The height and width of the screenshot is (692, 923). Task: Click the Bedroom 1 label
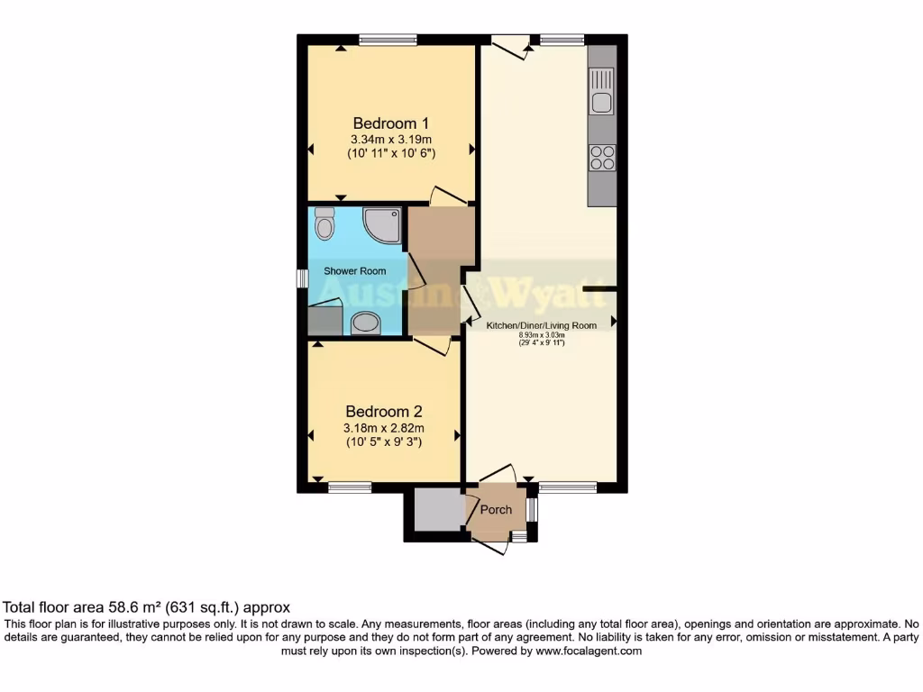(390, 123)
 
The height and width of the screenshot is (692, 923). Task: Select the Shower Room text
(355, 271)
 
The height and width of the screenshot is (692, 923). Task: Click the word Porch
(496, 510)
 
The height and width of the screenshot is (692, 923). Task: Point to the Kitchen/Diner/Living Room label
(541, 325)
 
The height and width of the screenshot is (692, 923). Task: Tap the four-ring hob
(601, 158)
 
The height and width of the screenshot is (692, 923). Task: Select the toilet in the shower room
(324, 223)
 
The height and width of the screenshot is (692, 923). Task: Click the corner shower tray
(382, 225)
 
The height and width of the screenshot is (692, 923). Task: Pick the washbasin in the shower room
(365, 323)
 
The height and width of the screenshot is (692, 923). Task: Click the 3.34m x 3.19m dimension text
(391, 140)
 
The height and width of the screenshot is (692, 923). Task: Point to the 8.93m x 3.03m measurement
(541, 335)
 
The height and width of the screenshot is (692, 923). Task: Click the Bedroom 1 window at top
(388, 39)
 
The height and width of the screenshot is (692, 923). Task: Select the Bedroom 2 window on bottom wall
(350, 487)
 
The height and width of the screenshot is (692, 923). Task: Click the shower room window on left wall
(302, 278)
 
